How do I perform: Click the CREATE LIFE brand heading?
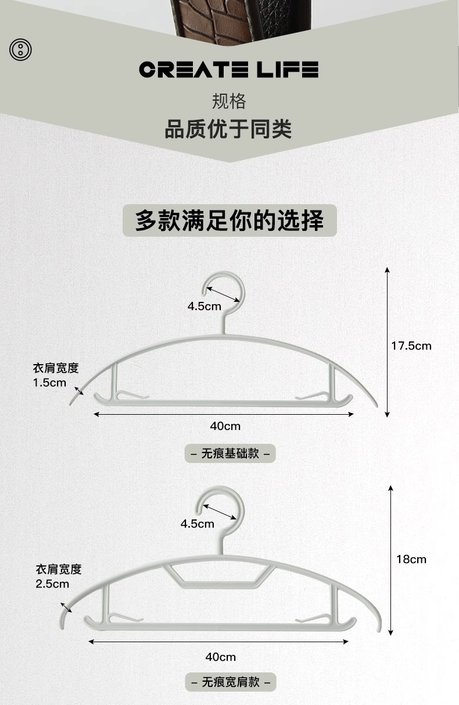coord(229,70)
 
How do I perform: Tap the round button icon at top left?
coord(20,49)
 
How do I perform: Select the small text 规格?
coord(229,101)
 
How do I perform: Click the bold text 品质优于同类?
coord(228,129)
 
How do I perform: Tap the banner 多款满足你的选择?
coord(229,220)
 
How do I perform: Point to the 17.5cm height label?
coord(411,346)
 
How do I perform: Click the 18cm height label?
coord(411,559)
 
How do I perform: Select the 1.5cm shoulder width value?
coord(49,383)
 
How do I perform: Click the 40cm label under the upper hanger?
coord(225,426)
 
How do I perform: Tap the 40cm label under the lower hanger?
coord(220,657)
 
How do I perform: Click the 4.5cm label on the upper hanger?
coord(204,306)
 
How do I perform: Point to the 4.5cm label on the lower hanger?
coord(197,524)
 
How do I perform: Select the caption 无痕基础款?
coord(230,453)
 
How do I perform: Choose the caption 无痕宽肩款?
coord(231,682)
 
